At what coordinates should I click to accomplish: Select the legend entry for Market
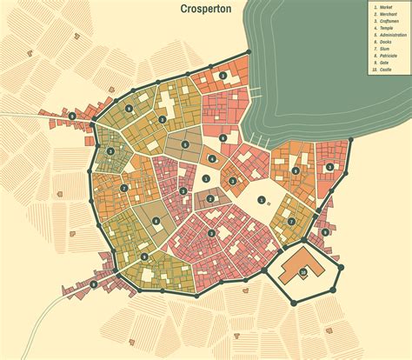point(384,7)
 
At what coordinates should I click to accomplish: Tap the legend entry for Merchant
point(386,14)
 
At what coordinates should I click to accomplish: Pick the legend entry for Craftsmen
point(387,21)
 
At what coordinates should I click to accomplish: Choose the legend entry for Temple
point(385,28)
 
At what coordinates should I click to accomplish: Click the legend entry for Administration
point(390,35)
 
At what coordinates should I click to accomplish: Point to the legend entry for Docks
point(384,42)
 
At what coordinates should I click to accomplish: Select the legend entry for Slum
point(383,49)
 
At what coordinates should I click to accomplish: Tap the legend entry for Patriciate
point(387,56)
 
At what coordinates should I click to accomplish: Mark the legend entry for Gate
point(383,63)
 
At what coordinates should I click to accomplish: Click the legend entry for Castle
point(384,70)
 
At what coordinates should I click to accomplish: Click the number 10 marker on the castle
point(303,272)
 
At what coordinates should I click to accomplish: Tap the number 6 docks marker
point(223,138)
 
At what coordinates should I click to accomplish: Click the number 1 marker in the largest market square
point(262,199)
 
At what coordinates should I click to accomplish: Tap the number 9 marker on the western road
point(71,115)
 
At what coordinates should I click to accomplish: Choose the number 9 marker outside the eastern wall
point(325,231)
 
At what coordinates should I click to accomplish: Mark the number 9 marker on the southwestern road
point(93,284)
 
